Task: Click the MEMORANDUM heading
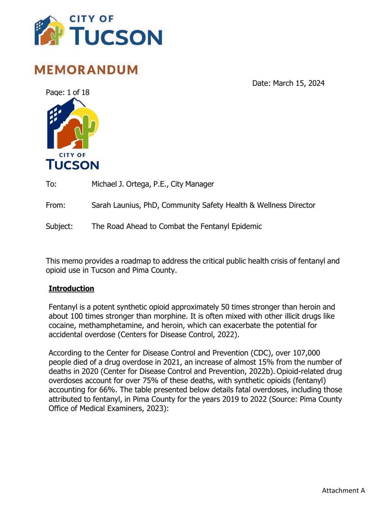(86, 70)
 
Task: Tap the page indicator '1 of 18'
(78, 92)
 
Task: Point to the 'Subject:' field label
(59, 226)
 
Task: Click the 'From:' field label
(56, 205)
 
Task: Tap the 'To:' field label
(51, 184)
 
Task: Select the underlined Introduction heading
(71, 289)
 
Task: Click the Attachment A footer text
(343, 490)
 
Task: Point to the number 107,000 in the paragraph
(306, 353)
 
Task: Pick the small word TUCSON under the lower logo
(72, 164)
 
